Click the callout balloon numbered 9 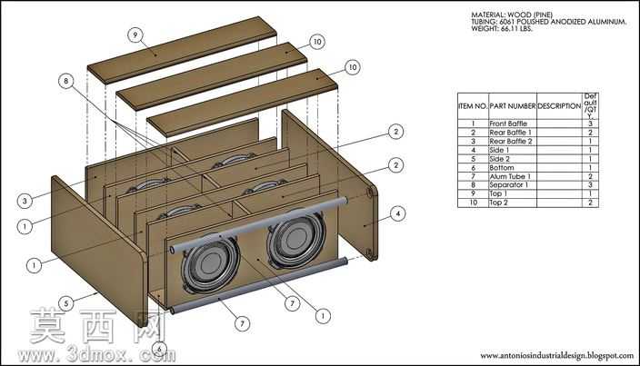pyautogui.click(x=135, y=35)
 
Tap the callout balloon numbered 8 pyautogui.click(x=66, y=81)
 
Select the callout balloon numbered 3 pyautogui.click(x=25, y=201)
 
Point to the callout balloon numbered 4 pyautogui.click(x=397, y=213)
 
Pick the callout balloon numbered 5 pyautogui.click(x=66, y=303)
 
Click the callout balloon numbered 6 pyautogui.click(x=159, y=349)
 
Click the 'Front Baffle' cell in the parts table pyautogui.click(x=508, y=124)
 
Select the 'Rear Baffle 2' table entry pyautogui.click(x=511, y=141)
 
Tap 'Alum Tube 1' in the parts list pyautogui.click(x=510, y=176)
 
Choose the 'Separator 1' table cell pyautogui.click(x=508, y=184)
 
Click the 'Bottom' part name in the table pyautogui.click(x=502, y=167)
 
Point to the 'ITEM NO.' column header pyautogui.click(x=473, y=106)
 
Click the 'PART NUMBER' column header pyautogui.click(x=512, y=106)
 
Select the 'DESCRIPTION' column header pyautogui.click(x=559, y=106)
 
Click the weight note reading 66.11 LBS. pyautogui.click(x=502, y=29)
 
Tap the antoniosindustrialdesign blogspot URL pyautogui.click(x=556, y=356)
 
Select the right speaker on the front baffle pyautogui.click(x=296, y=237)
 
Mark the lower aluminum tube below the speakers pyautogui.click(x=259, y=285)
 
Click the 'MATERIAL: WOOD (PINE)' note pyautogui.click(x=512, y=15)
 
